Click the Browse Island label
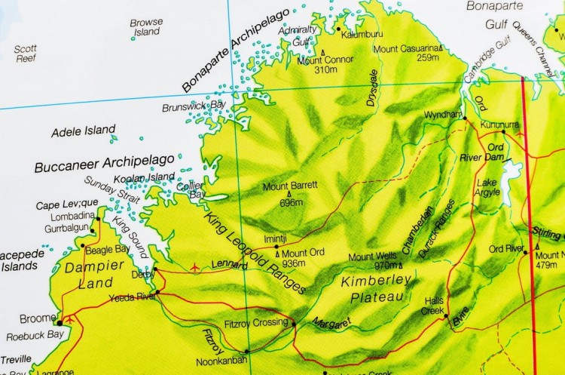[146, 28]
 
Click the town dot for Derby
[154, 268]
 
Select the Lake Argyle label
[488, 187]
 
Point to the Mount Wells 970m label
[373, 260]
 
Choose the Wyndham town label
[443, 114]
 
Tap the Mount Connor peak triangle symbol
[323, 52]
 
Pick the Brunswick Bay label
[194, 106]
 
